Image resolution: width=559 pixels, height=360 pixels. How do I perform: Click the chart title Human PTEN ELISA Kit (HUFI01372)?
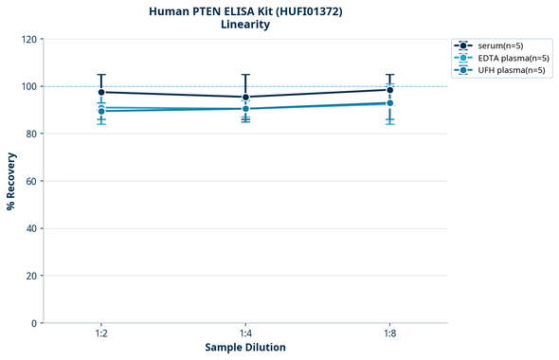[245, 10]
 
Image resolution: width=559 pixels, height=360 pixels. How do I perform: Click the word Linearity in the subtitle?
[245, 25]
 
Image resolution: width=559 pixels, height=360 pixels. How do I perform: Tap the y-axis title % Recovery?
[11, 181]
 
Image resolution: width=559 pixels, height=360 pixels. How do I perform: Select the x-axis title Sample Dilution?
[245, 348]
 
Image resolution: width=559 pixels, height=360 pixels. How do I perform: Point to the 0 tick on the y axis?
[34, 323]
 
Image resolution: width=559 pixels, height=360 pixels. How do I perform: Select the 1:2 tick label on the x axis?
[101, 334]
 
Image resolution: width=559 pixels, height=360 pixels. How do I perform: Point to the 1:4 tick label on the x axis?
[245, 334]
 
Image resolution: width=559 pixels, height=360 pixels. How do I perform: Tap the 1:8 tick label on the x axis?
[390, 334]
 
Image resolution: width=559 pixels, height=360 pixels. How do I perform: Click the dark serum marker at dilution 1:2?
[101, 92]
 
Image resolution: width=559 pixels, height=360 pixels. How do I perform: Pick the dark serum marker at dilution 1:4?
[245, 97]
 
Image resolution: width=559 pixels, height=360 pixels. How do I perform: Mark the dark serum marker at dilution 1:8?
[390, 90]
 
